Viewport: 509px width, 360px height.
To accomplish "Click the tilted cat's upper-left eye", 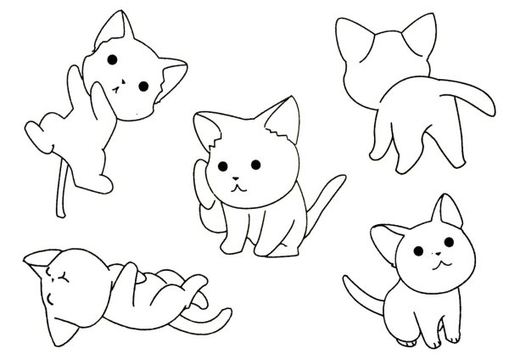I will pos(112,59).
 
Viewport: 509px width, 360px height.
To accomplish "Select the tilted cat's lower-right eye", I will pos(143,87).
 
